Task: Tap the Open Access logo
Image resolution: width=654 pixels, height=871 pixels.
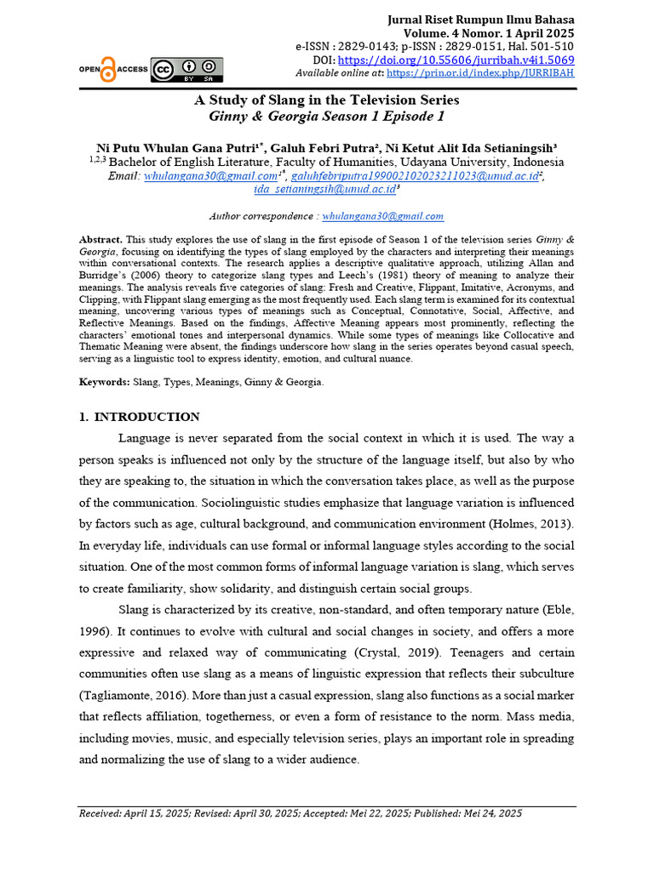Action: (100, 69)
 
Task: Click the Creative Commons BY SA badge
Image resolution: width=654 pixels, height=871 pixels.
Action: (186, 69)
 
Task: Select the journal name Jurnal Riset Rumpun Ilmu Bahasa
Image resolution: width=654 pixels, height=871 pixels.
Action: (480, 20)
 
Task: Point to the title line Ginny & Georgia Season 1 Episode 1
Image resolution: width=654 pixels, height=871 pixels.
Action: (327, 117)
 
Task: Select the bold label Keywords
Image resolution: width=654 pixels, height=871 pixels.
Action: (104, 383)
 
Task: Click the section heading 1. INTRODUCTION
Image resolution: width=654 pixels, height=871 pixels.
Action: (139, 417)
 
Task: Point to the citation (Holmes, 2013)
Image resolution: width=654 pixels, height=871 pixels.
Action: (531, 524)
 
